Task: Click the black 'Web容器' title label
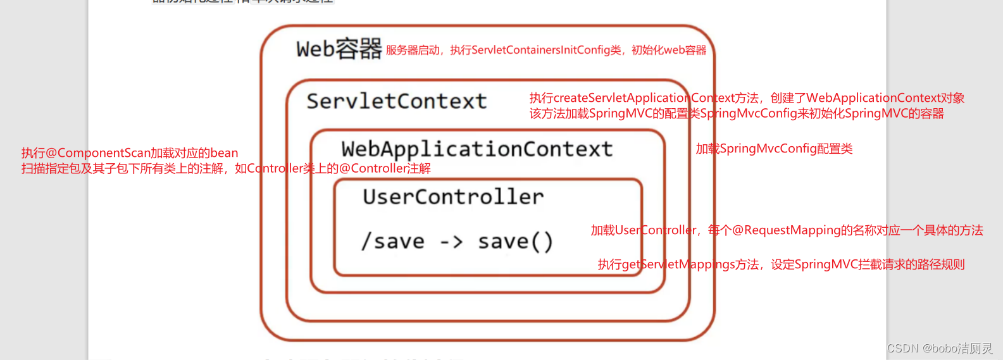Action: coord(339,49)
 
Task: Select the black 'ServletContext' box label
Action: coord(397,101)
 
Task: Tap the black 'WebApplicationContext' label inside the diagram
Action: coord(477,149)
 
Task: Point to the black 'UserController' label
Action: coord(453,197)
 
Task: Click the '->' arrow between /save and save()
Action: coord(451,242)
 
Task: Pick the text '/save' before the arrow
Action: coord(393,242)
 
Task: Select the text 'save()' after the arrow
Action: coord(515,242)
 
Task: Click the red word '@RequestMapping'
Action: coord(787,230)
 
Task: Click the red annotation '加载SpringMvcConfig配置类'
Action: coord(774,149)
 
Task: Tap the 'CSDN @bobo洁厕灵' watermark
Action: coord(940,349)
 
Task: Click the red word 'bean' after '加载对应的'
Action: coord(224,153)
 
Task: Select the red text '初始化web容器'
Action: coord(669,50)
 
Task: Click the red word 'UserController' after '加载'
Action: coord(656,230)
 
